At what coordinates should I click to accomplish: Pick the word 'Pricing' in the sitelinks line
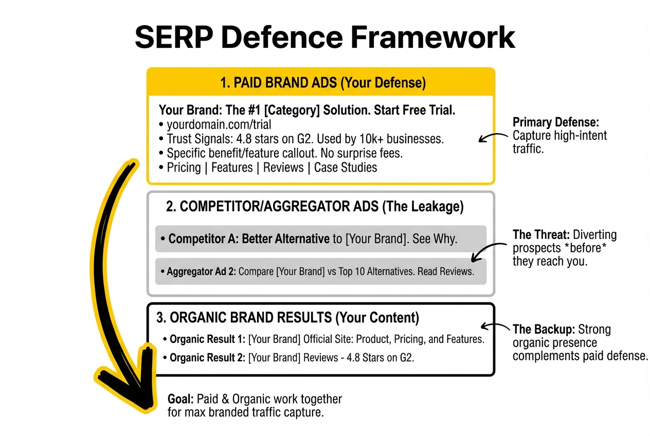pyautogui.click(x=184, y=167)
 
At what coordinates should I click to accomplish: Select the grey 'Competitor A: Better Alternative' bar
pyautogui.click(x=320, y=239)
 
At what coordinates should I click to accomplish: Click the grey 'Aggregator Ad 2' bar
pyautogui.click(x=320, y=271)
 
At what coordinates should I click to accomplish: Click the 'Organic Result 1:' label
pyautogui.click(x=207, y=339)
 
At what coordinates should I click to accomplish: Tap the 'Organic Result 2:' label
pyautogui.click(x=207, y=357)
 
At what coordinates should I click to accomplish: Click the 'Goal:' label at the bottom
pyautogui.click(x=180, y=399)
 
